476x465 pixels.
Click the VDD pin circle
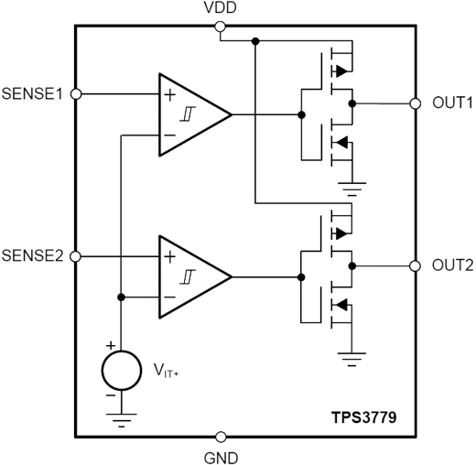click(x=220, y=27)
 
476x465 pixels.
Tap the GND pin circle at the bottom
click(x=221, y=437)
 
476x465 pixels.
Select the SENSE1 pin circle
click(x=76, y=94)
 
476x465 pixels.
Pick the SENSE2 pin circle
click(x=75, y=256)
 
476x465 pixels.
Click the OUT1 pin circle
click(x=415, y=103)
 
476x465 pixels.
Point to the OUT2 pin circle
click(x=415, y=266)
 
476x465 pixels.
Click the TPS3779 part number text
click(x=364, y=417)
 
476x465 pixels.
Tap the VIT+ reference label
click(x=166, y=371)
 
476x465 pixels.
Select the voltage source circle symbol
click(x=122, y=371)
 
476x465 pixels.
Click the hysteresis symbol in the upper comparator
click(x=188, y=114)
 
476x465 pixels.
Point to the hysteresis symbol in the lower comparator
click(x=188, y=276)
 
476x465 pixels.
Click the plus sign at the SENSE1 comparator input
click(x=170, y=95)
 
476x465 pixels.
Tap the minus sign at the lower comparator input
click(x=170, y=297)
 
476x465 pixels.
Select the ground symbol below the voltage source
click(x=122, y=420)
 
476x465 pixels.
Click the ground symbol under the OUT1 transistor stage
click(x=352, y=189)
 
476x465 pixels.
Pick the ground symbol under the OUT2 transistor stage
click(x=352, y=359)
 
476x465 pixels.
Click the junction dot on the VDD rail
click(x=255, y=41)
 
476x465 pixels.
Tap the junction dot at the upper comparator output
click(x=301, y=114)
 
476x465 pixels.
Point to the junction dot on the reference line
click(x=121, y=297)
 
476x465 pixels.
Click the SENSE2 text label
click(x=32, y=255)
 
